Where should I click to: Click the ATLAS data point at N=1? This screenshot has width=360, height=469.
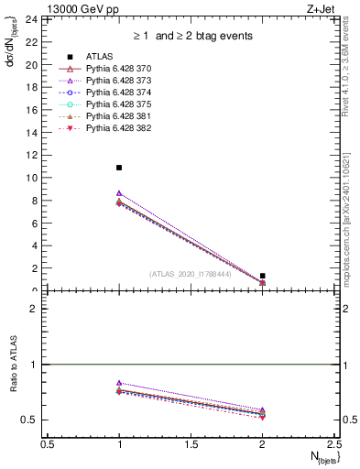119,168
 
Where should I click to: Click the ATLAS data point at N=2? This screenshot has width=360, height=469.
263,276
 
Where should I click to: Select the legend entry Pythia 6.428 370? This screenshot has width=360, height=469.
117,70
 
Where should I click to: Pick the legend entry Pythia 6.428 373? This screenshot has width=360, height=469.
117,82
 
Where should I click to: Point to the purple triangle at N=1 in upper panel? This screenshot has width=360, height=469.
119,193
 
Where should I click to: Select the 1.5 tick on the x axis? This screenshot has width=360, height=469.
191,444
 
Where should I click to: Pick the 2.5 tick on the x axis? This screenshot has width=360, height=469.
333,444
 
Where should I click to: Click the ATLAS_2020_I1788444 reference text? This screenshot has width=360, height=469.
191,272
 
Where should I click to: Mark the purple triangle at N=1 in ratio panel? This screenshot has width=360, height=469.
119,383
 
